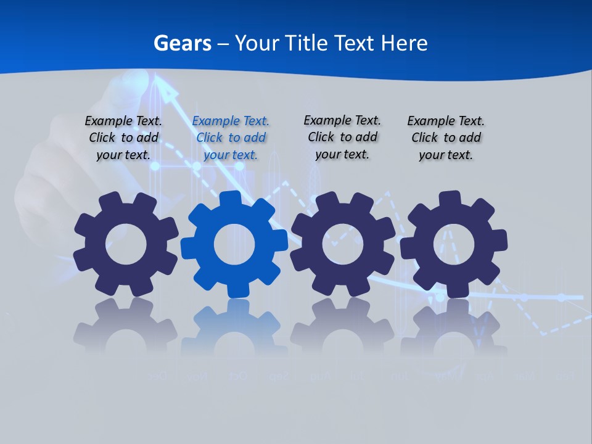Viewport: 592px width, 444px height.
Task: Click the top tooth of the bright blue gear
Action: pos(231,199)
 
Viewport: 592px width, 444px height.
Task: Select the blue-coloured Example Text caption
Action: pos(231,138)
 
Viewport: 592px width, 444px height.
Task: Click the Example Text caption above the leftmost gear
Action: pos(123,138)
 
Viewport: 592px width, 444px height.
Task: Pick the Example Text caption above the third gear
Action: pos(342,137)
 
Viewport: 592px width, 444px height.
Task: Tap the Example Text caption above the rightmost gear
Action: pos(446,138)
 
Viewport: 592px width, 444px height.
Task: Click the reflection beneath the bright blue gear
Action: pos(234,327)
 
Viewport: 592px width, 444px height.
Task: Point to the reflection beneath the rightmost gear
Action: pos(453,327)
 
